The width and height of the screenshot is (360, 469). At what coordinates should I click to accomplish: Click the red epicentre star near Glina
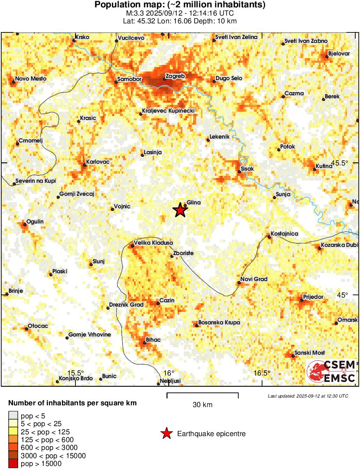tap(180, 210)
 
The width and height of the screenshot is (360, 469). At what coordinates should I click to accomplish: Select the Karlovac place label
tap(97, 161)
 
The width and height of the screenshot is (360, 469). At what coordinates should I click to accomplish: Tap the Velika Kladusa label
tap(154, 243)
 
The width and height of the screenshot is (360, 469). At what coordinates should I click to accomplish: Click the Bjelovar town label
tap(339, 53)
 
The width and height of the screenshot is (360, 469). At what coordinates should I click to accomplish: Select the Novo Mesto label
tap(30, 79)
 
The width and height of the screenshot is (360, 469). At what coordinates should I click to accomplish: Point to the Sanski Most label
tap(309, 353)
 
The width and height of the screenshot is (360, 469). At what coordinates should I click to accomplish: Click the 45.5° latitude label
tap(340, 163)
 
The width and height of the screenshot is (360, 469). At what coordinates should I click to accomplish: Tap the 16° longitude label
tap(169, 373)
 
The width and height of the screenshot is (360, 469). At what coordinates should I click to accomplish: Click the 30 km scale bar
tap(203, 394)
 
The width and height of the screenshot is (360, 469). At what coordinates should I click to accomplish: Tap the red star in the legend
tap(166, 433)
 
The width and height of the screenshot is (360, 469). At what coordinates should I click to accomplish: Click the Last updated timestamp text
tap(308, 396)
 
